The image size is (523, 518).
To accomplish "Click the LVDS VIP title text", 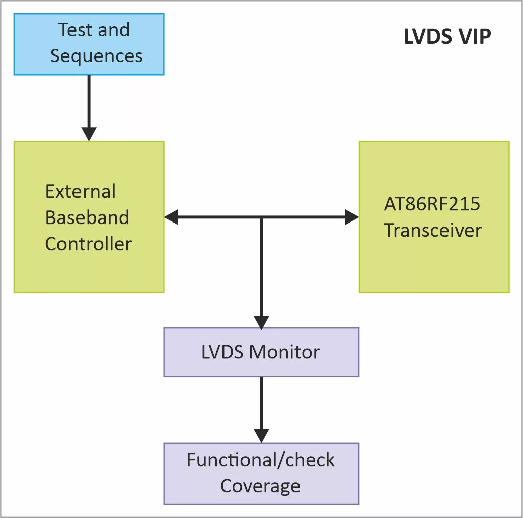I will point(447,37).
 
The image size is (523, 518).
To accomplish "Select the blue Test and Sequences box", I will point(89,44).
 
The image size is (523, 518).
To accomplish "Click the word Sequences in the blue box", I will point(96,56).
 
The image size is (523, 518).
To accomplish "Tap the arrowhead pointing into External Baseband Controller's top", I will point(89,134).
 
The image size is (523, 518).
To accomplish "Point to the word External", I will point(81,192).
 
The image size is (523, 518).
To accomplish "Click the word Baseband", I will point(87,217).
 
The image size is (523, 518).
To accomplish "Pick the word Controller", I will point(88,244).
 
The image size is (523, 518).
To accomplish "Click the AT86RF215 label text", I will point(432,204).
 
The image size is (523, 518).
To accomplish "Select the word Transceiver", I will point(433,231).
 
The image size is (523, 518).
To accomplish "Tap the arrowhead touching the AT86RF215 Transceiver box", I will point(352,217).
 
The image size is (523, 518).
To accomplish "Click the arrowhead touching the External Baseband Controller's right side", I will point(172,217).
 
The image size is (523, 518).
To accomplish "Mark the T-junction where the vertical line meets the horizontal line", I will point(261,217).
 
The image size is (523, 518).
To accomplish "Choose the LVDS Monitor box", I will point(261,352).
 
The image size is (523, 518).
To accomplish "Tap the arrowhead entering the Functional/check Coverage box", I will point(261,436).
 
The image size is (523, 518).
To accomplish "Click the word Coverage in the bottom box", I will point(260,486).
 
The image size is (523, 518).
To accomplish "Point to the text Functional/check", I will point(260,460).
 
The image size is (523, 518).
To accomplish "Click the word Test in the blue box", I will point(75,30).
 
